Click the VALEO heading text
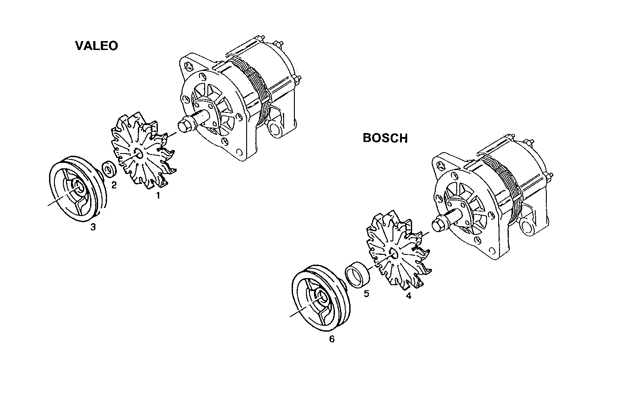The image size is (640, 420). click(96, 46)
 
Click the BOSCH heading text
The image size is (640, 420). click(385, 138)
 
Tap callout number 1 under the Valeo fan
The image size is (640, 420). click(157, 195)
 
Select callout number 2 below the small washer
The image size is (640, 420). click(114, 185)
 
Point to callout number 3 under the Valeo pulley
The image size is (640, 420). click(93, 227)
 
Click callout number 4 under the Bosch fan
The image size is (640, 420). click(409, 296)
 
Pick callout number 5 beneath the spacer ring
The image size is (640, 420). click(366, 294)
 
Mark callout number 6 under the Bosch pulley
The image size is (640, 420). click(331, 339)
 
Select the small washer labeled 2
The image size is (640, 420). click(109, 170)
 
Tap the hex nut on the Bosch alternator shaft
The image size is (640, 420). click(438, 225)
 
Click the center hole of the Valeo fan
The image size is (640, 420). click(137, 154)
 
